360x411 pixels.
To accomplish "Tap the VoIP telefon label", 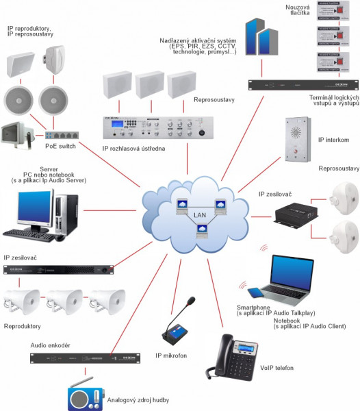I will coord(273,367).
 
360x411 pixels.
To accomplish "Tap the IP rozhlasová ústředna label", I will coord(129,149).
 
